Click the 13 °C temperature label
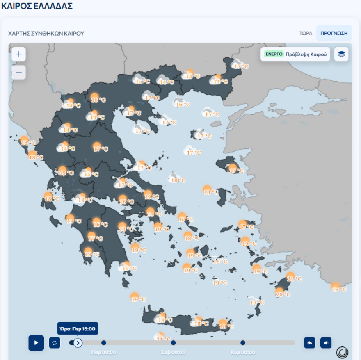tap(192, 76)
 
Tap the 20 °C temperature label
tap(283, 294)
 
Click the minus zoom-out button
tap(18, 72)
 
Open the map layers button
tap(341, 54)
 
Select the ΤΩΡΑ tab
tap(306, 33)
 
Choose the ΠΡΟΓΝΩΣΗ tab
tap(334, 33)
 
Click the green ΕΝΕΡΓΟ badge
tap(274, 54)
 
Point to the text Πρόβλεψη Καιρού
tap(306, 54)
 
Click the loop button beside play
tap(55, 342)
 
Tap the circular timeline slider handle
tap(78, 343)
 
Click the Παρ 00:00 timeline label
tap(103, 352)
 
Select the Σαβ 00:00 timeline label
tap(173, 352)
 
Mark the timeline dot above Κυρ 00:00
tap(243, 342)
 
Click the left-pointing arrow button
tap(310, 342)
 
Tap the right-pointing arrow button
tap(326, 342)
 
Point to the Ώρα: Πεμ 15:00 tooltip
tap(78, 328)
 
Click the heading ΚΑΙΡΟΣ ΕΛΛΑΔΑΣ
tap(37, 6)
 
